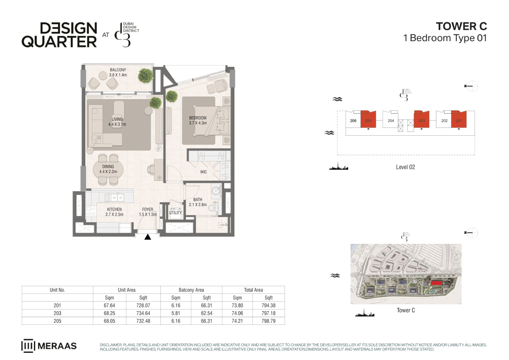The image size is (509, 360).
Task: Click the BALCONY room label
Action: pyautogui.click(x=118, y=70)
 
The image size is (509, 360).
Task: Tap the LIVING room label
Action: pyautogui.click(x=117, y=119)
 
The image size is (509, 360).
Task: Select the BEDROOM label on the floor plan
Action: pyautogui.click(x=198, y=118)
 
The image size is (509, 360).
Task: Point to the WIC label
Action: pyautogui.click(x=203, y=172)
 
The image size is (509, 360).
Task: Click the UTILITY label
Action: pyautogui.click(x=176, y=212)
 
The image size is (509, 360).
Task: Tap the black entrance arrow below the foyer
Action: pyautogui.click(x=148, y=237)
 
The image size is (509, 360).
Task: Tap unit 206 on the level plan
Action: pyautogui.click(x=353, y=121)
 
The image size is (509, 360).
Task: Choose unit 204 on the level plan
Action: pyautogui.click(x=391, y=121)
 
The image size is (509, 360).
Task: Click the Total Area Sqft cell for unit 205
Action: pyautogui.click(x=268, y=321)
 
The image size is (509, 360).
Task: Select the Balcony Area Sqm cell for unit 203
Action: pyautogui.click(x=176, y=313)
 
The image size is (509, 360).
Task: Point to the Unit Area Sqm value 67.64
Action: pyautogui.click(x=109, y=305)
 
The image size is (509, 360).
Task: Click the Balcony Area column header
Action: pyautogui.click(x=191, y=290)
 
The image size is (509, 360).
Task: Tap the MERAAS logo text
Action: pyautogui.click(x=57, y=346)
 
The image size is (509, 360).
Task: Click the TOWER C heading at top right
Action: pyautogui.click(x=461, y=26)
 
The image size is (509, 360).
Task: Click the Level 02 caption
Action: pyautogui.click(x=406, y=167)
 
